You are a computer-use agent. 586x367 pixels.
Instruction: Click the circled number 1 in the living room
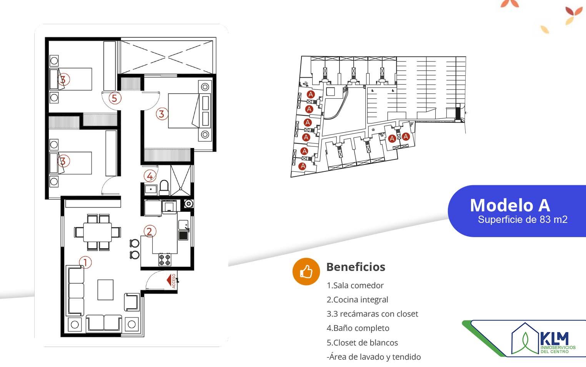coord(85,262)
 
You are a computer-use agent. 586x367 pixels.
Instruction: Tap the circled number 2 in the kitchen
coord(149,231)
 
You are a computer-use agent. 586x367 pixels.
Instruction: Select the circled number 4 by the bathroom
coord(150,176)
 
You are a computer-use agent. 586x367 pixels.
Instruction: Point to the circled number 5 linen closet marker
coord(114,98)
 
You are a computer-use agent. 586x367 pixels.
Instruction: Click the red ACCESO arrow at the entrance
coord(170,280)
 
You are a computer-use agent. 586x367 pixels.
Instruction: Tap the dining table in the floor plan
coord(97,232)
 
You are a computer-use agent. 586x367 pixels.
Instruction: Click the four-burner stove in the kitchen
coord(165,259)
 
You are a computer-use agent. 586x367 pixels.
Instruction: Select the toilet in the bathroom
coord(164,188)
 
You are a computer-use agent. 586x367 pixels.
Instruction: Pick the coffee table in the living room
coord(105,290)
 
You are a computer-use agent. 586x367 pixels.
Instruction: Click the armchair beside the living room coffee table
coord(132,302)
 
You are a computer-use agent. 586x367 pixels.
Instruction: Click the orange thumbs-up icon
coord(306,271)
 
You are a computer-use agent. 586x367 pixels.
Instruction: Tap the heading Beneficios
coord(356,267)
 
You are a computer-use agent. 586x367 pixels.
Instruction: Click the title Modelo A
coord(510,205)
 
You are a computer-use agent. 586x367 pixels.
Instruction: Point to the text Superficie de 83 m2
coord(523,219)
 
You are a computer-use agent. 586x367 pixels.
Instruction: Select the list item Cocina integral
coord(357,300)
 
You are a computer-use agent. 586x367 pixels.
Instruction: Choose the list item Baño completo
coord(358,328)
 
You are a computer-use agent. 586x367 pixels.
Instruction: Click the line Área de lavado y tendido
coord(374,357)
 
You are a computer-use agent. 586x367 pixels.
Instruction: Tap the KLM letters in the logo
coord(554,339)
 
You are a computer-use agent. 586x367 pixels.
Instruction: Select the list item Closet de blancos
coord(362,343)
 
